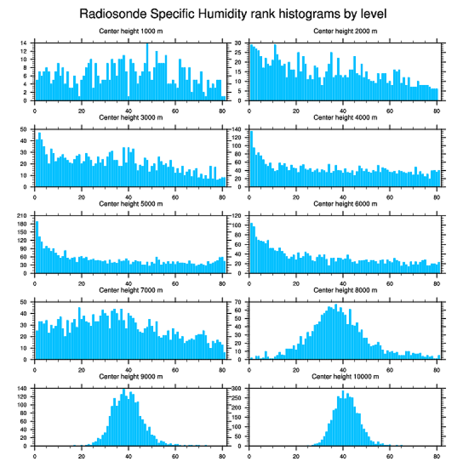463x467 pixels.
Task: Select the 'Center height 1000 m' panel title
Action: coord(130,31)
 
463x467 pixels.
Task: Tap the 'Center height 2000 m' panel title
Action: coord(345,31)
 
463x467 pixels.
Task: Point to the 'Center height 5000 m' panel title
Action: coord(130,203)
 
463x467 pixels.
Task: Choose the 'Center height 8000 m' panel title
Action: coord(345,290)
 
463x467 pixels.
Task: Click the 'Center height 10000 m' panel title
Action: coord(345,376)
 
